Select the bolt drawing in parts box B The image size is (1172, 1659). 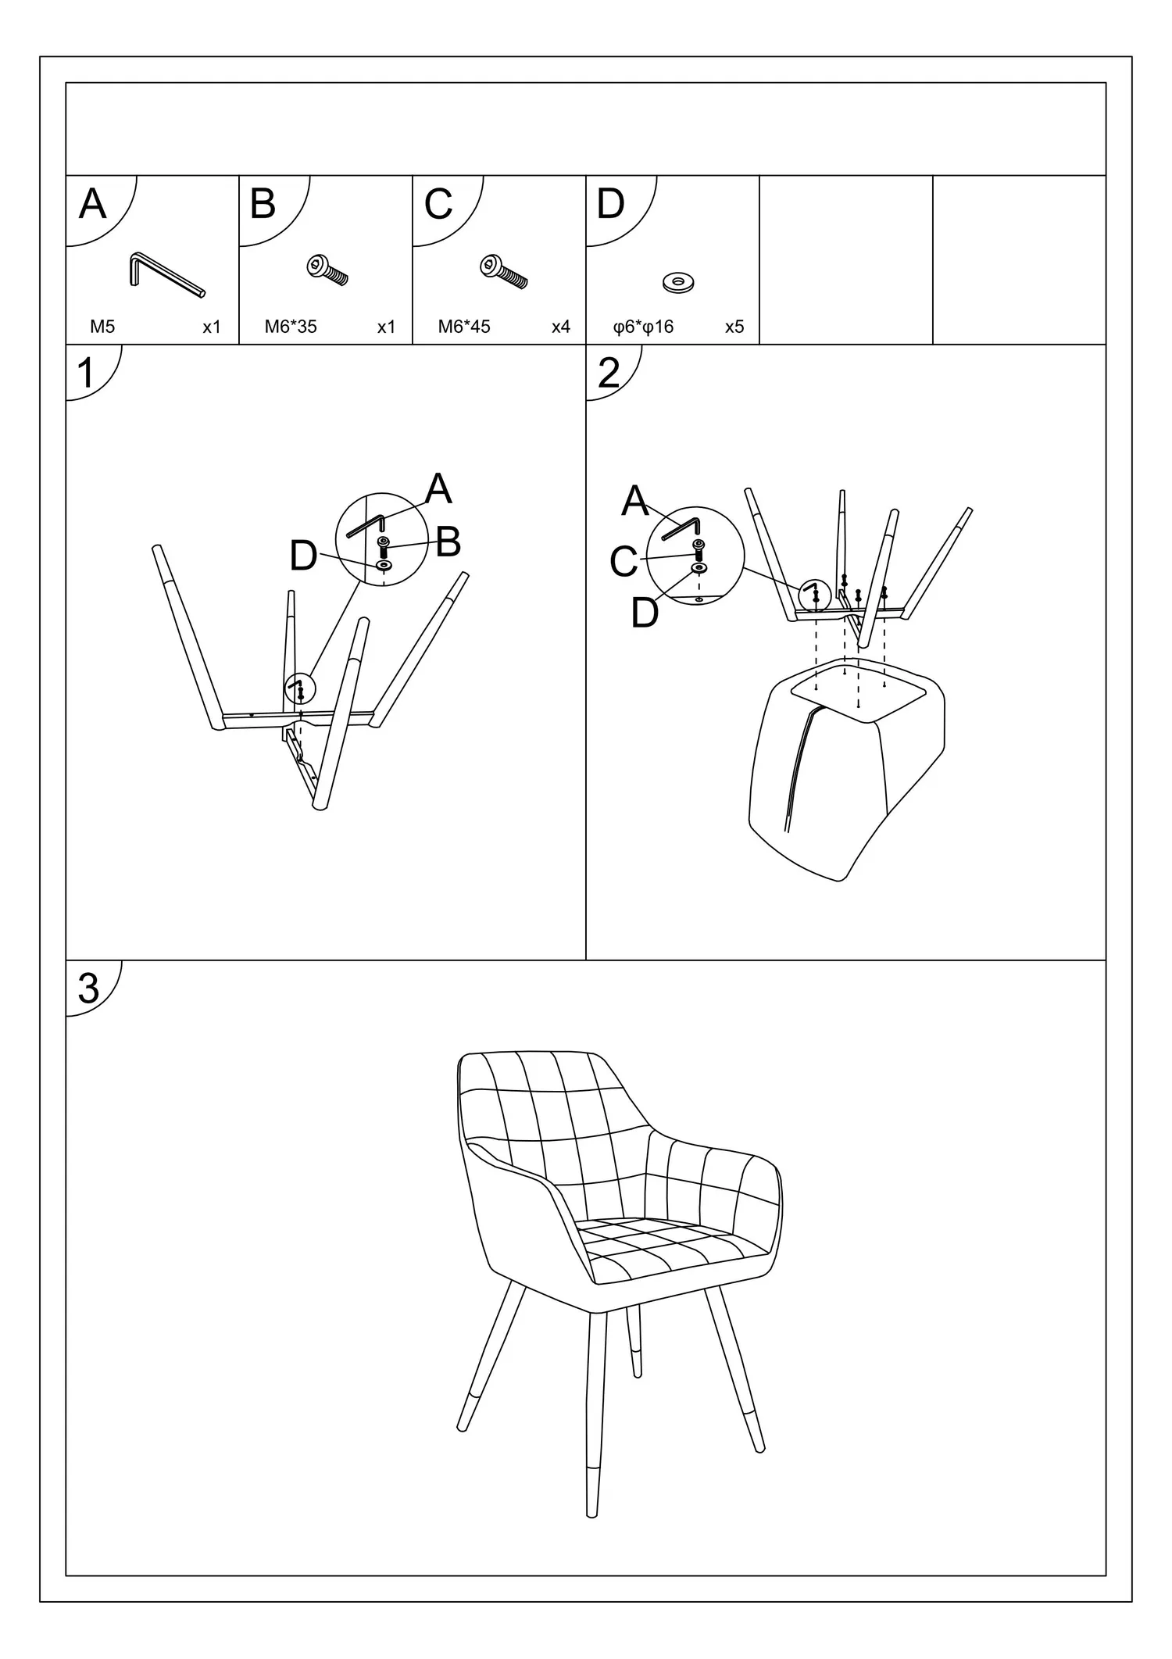tap(327, 270)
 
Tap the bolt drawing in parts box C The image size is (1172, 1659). tap(503, 270)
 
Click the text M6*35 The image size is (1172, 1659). tap(291, 327)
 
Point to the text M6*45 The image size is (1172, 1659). tap(464, 327)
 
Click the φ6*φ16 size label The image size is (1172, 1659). tap(643, 327)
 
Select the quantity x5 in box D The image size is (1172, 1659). tap(734, 327)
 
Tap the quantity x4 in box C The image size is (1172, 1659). tap(561, 327)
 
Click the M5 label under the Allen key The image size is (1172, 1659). tap(102, 327)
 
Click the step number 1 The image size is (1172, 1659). tap(86, 374)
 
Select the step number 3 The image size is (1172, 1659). tap(88, 989)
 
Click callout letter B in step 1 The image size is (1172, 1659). tap(448, 542)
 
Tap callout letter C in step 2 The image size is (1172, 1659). tap(624, 562)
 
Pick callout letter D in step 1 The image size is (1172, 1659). tap(303, 556)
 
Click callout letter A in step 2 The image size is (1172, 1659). tap(635, 501)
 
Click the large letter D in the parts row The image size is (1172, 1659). tap(610, 204)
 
